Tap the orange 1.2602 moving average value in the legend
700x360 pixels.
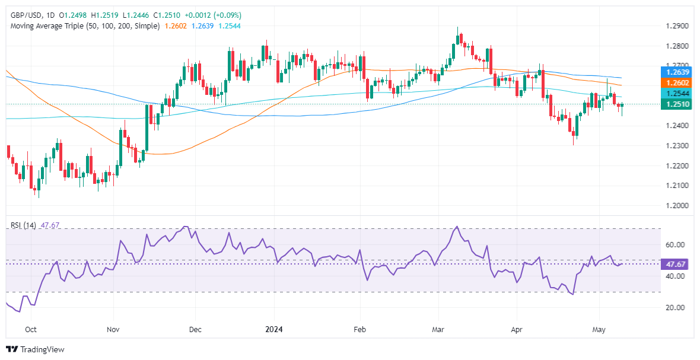(x=175, y=26)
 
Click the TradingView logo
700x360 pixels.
(x=35, y=350)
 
